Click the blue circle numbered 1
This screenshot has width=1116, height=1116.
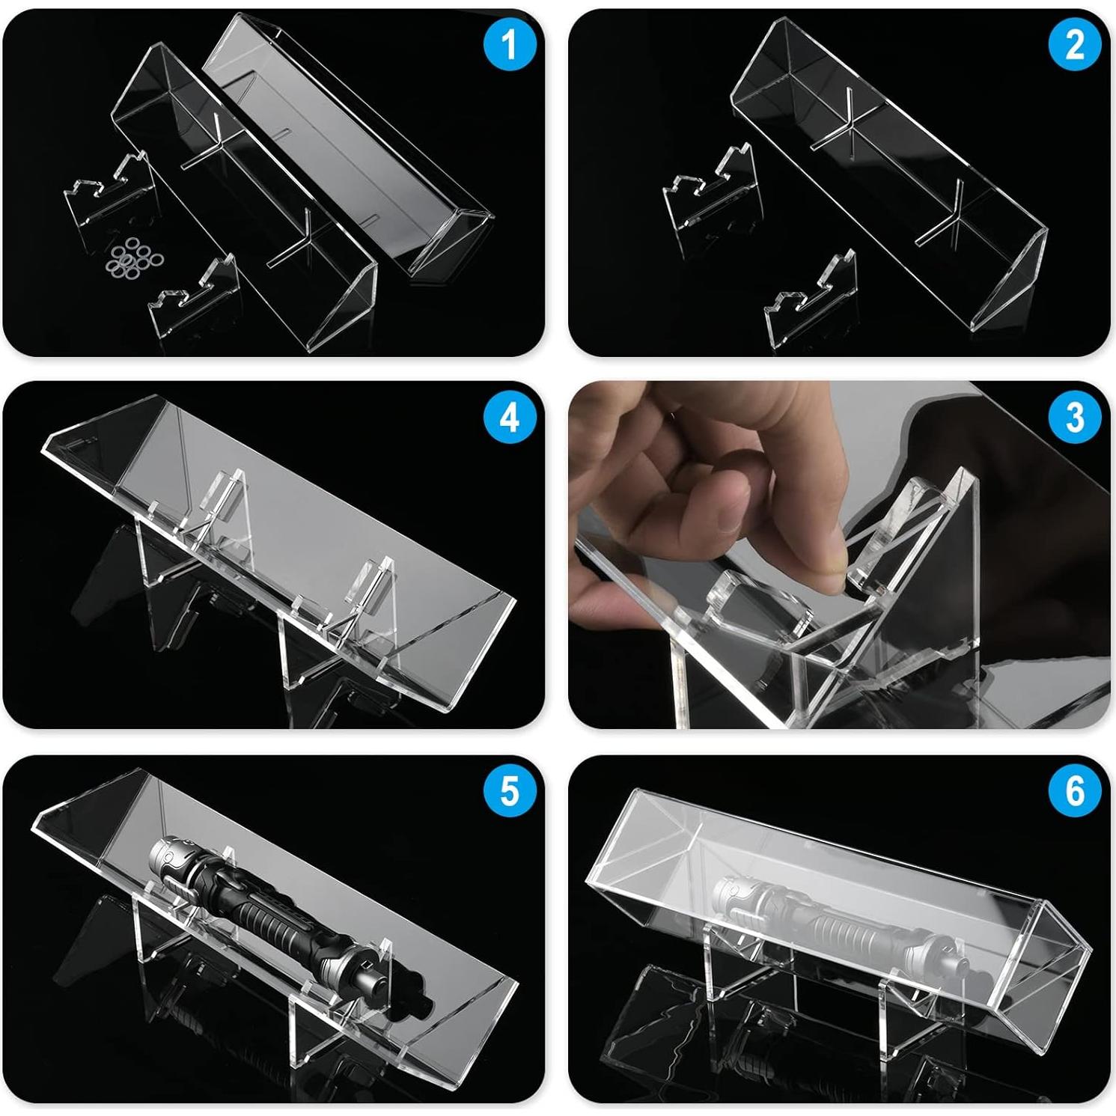click(509, 44)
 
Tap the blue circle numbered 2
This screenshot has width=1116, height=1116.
click(1074, 44)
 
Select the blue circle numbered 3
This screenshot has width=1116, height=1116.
click(1074, 417)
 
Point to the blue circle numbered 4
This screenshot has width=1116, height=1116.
click(509, 417)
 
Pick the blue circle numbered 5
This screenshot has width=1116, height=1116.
click(509, 790)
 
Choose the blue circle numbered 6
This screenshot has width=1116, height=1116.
click(1074, 790)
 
